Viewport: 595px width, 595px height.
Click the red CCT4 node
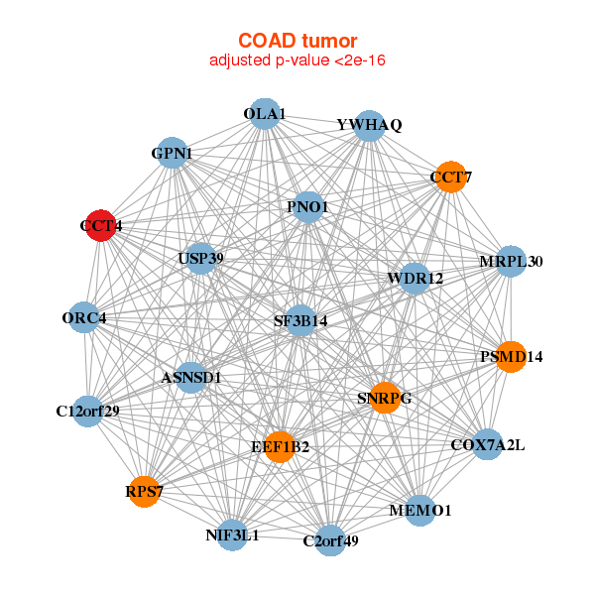coord(100,226)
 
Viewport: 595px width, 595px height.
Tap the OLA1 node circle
coord(265,115)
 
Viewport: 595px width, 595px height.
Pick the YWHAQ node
coord(369,126)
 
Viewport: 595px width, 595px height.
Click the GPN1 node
coord(173,154)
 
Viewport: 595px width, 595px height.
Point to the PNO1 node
coord(309,207)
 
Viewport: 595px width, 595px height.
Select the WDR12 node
coord(415,278)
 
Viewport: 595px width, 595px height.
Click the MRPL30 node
coord(510,262)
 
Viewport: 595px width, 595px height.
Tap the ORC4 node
coord(84,318)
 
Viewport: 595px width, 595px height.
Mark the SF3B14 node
coord(301,321)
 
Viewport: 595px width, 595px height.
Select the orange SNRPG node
coord(384,398)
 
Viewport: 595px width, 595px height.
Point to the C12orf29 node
coord(88,411)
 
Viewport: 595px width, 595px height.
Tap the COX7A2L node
coord(487,444)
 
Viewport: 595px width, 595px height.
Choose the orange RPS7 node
coord(145,491)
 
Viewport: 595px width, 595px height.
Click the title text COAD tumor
coord(297,41)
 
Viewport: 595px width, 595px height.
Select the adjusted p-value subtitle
coord(297,60)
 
